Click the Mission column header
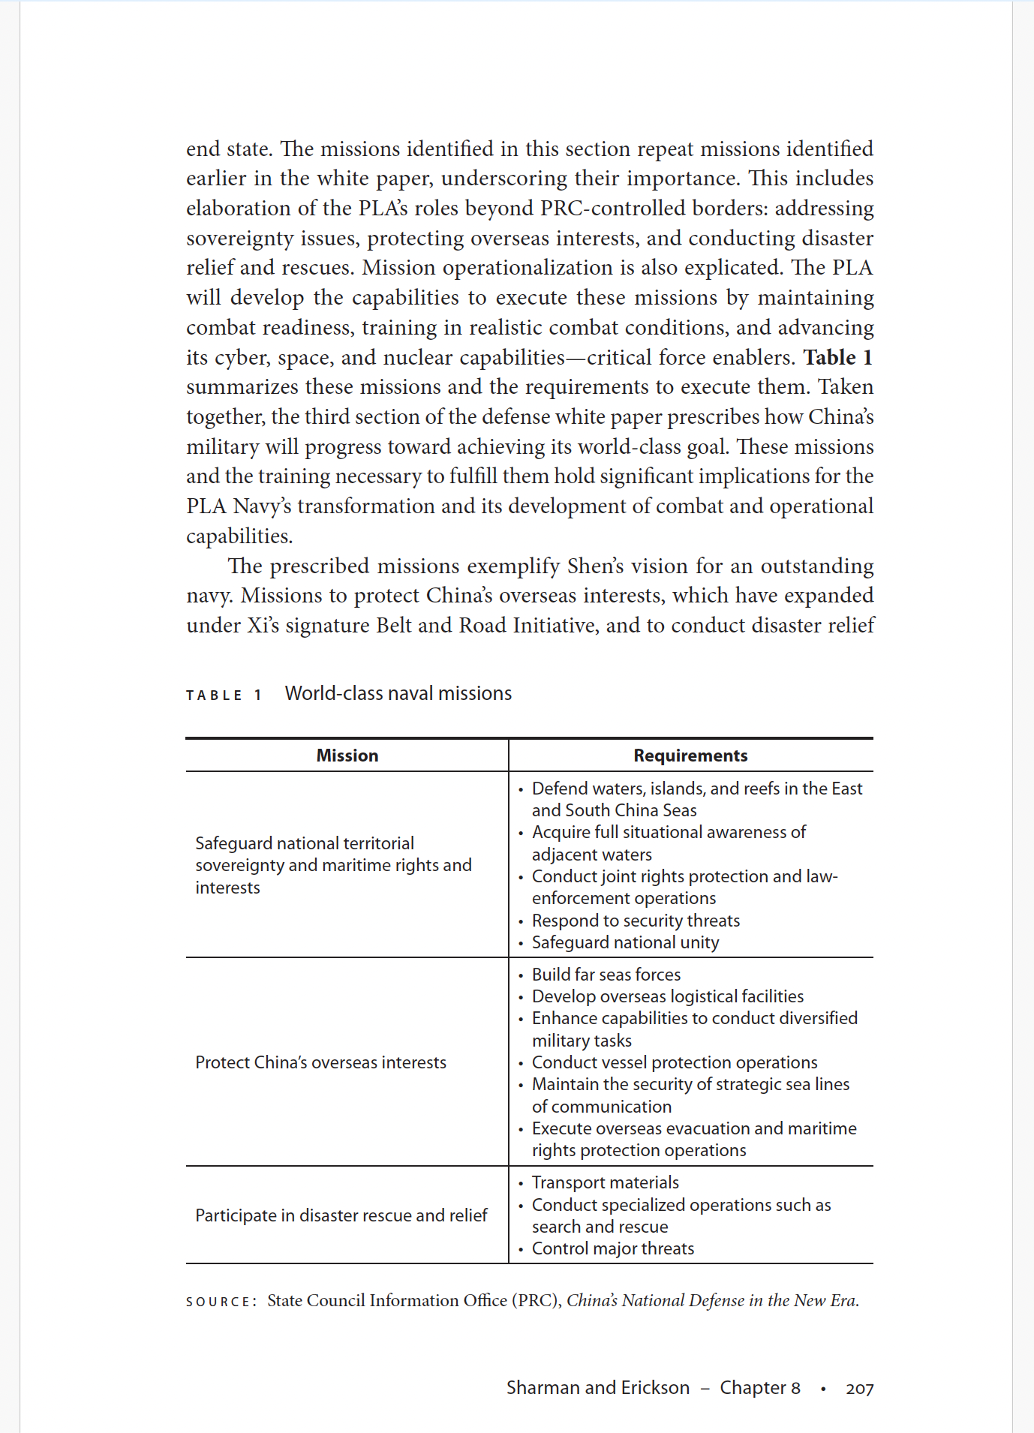(x=347, y=756)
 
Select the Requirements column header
(x=690, y=756)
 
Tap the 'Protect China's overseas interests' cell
(x=320, y=1062)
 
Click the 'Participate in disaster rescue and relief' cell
(x=341, y=1215)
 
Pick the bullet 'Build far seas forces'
(x=606, y=975)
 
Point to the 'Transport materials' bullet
(x=605, y=1182)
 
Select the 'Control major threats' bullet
(x=613, y=1248)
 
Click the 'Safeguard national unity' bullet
(x=625, y=942)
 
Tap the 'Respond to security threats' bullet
(x=636, y=921)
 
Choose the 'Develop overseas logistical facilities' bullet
(x=668, y=996)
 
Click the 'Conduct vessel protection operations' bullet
(x=675, y=1062)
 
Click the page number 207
(x=859, y=1389)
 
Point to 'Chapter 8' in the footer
(x=760, y=1388)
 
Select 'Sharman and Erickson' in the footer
(x=597, y=1388)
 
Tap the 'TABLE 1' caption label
(x=224, y=695)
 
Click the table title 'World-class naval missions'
(x=398, y=693)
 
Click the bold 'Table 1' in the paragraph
(x=837, y=357)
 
